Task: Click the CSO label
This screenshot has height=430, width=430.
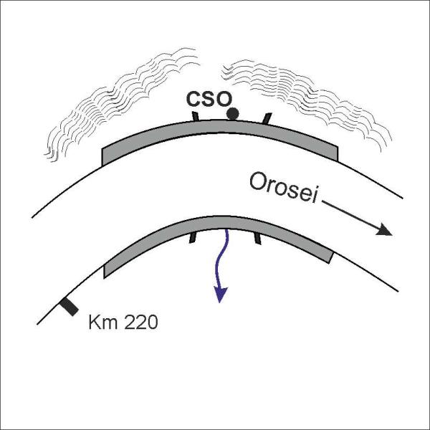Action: tap(209, 99)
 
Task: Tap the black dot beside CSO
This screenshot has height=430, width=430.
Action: tap(232, 113)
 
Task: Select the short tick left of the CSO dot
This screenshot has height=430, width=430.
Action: tap(196, 116)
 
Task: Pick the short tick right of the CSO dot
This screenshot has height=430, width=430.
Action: tap(267, 118)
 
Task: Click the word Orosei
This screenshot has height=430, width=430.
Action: tap(283, 187)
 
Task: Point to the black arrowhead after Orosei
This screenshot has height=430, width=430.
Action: tap(384, 231)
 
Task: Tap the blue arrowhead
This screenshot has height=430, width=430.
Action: tap(220, 295)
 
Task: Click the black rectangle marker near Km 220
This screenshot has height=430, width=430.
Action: tap(70, 307)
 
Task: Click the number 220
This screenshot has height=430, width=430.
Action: tap(141, 322)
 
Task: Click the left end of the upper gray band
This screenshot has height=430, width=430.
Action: tap(102, 157)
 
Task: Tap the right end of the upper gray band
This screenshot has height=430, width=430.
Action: tap(338, 154)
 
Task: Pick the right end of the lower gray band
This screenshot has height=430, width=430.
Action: tap(331, 258)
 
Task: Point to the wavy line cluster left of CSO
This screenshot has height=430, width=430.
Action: tap(122, 105)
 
